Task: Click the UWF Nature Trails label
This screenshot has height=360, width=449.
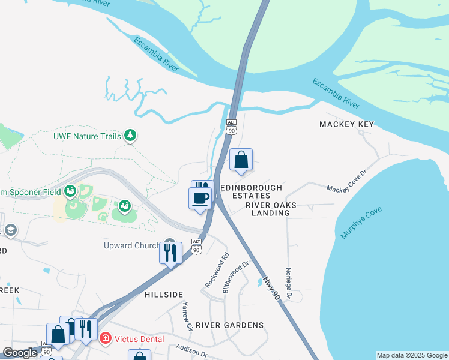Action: [x=87, y=136]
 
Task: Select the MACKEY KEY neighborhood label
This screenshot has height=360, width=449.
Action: [x=346, y=124]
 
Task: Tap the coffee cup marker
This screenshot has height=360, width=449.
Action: [x=200, y=198]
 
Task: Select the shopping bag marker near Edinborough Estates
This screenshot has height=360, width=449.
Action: [x=241, y=160]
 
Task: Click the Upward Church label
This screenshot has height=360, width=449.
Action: [x=131, y=246]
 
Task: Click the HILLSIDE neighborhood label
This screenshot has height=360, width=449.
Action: [x=164, y=295]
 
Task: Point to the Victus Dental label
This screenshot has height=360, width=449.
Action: [x=140, y=339]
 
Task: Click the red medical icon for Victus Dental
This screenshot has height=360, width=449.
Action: [x=106, y=339]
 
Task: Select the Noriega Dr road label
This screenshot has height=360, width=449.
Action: [x=289, y=283]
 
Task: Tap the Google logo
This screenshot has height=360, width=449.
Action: [x=20, y=353]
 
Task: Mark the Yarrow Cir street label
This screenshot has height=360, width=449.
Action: [x=187, y=316]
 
